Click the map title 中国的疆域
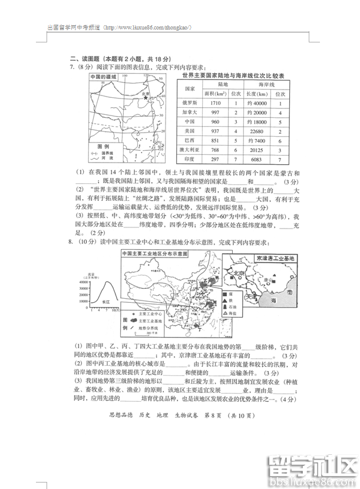(x=104, y=77)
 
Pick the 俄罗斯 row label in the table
(x=190, y=103)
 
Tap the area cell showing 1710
(x=215, y=103)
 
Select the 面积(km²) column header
(x=215, y=94)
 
